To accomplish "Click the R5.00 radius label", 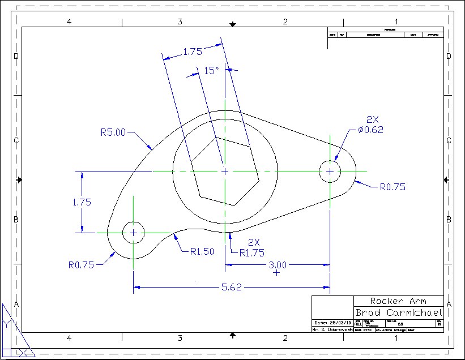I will (113, 133).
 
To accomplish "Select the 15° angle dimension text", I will (211, 71).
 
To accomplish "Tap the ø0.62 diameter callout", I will (370, 130).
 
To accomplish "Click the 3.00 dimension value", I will (277, 264).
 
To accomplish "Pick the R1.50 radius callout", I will (202, 252).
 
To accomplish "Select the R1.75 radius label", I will (251, 253).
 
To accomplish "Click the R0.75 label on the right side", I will (393, 186).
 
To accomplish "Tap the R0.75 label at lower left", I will (81, 264).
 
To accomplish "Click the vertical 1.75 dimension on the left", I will (82, 202).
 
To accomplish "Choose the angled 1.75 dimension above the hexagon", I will (193, 52).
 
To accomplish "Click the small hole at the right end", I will (330, 171).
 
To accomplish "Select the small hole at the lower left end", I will (133, 232).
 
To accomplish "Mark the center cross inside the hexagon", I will (225, 171).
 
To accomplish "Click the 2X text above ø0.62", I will (372, 119).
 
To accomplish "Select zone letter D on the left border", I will (16, 56).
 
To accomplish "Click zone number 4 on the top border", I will (69, 22).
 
